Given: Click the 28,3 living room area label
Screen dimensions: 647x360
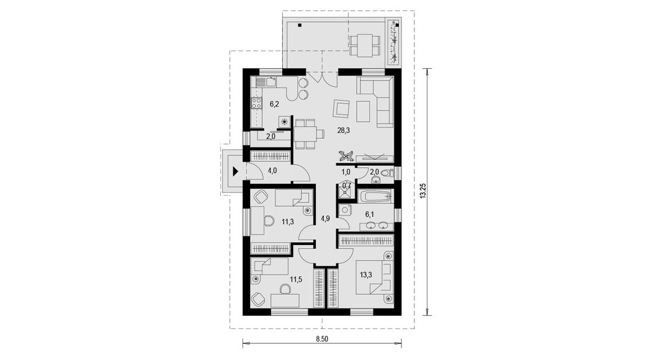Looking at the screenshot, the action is [x=343, y=131].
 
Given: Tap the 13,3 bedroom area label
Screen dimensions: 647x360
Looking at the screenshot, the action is [x=366, y=274].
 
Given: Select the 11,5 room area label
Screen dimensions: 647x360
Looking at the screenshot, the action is [x=296, y=279].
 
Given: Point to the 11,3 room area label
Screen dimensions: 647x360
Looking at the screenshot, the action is [x=288, y=222].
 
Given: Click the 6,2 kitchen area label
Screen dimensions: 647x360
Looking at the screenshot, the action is [x=274, y=104].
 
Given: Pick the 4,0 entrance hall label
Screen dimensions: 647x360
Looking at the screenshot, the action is [x=272, y=170].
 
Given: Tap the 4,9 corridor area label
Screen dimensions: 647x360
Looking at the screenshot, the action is [x=325, y=219].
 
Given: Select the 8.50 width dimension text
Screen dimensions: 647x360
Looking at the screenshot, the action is [x=322, y=340].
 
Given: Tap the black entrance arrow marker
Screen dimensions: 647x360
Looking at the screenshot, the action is [x=236, y=171].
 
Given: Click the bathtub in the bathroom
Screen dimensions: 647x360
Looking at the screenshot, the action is [x=375, y=196].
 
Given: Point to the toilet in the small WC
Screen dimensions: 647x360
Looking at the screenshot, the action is [x=386, y=173].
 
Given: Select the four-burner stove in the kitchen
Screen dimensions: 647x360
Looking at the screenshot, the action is [x=256, y=103].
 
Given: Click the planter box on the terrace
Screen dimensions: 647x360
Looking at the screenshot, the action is [x=395, y=42].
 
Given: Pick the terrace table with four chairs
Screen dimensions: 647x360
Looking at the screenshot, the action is [x=364, y=45].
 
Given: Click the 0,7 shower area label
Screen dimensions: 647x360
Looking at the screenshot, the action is [x=347, y=186].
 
